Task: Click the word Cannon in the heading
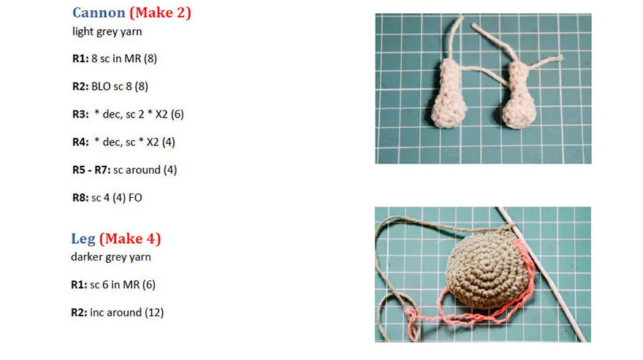99,12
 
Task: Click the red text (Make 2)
160,12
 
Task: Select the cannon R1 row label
80,58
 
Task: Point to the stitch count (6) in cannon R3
177,115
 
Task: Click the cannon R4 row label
80,142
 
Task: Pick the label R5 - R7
91,170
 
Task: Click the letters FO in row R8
135,198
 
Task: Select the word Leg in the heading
83,239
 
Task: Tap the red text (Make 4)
130,239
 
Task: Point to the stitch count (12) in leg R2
154,313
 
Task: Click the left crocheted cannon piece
448,95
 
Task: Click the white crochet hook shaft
541,274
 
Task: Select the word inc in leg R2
96,313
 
